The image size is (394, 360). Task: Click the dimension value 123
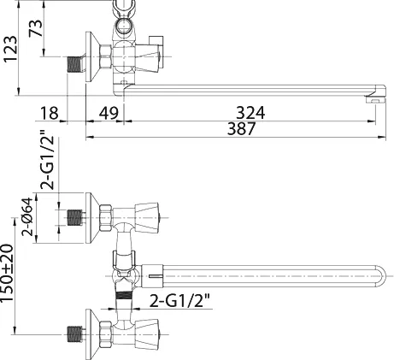[10, 49]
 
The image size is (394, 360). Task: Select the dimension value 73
[36, 28]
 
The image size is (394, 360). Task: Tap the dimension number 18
[50, 113]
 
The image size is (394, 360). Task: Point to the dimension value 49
[109, 113]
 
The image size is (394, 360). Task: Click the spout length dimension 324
[250, 113]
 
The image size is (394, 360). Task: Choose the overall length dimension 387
[241, 128]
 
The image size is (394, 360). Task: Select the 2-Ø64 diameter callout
[28, 216]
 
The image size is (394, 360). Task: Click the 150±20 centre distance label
[7, 273]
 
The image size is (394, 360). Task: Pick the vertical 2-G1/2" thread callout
[47, 160]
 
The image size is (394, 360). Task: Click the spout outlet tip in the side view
[375, 99]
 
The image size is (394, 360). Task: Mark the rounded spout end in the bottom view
[380, 275]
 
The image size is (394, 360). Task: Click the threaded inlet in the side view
[74, 64]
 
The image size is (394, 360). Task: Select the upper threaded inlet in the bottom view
[74, 218]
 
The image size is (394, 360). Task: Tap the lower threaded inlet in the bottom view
[74, 334]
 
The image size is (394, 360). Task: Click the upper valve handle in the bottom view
[147, 218]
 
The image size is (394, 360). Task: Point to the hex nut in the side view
[105, 56]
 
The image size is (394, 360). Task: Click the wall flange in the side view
[92, 56]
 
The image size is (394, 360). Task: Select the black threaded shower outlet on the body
[124, 295]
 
